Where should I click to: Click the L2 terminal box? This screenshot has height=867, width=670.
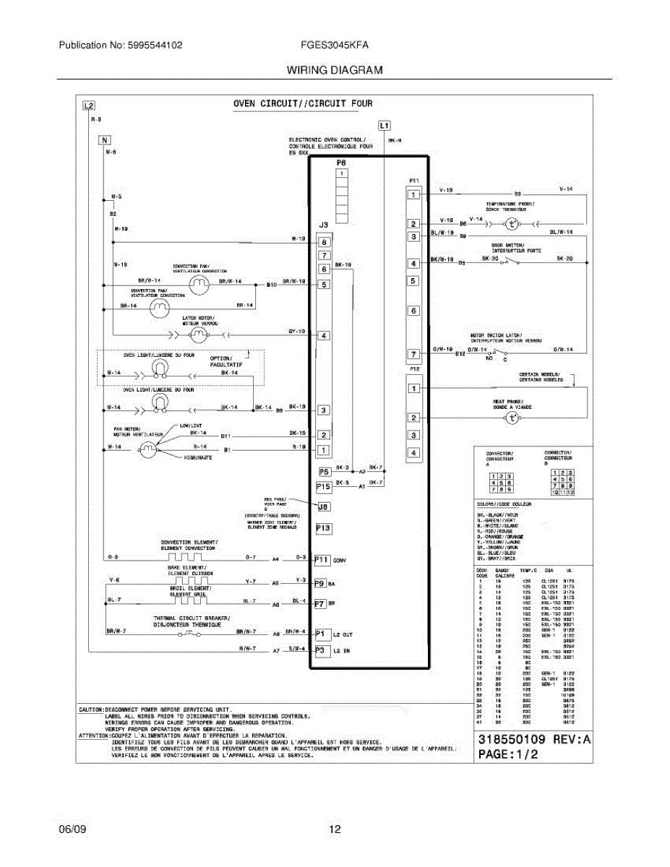88,105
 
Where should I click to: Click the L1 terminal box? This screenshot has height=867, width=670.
384,124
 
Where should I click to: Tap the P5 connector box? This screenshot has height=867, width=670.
324,472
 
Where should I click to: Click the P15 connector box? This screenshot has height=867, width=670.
324,487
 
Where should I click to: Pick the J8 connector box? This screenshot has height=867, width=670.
324,507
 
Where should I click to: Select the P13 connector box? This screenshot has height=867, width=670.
324,529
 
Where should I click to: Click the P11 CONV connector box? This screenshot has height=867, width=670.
322,560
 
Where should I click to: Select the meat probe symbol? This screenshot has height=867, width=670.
512,418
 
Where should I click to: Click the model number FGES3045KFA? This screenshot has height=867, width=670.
335,45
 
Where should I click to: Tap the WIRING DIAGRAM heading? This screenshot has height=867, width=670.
335,70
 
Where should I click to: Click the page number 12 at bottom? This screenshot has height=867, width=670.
335,829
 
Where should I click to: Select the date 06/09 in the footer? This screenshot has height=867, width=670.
72,829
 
